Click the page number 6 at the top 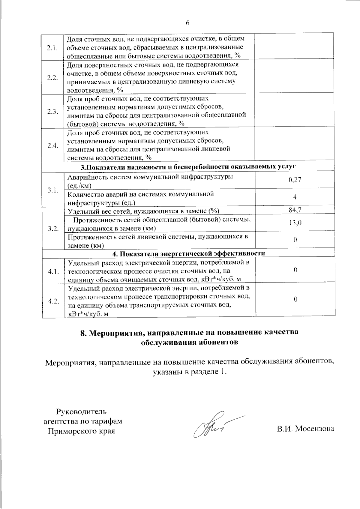click(x=188, y=23)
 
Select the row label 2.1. click(x=52, y=48)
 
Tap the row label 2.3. click(x=52, y=112)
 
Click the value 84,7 click(x=295, y=210)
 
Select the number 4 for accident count click(x=295, y=197)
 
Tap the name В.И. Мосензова click(x=305, y=429)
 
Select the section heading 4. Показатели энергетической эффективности click(x=189, y=253)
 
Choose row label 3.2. click(x=52, y=228)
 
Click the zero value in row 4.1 click(x=295, y=270)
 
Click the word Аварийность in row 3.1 click(x=85, y=177)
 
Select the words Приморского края click(x=82, y=431)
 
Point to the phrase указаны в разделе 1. click(x=189, y=372)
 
